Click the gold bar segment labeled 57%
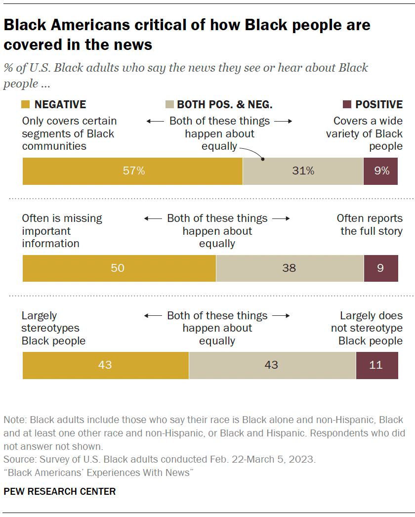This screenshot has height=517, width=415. click(x=132, y=171)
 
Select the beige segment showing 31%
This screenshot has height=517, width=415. click(x=303, y=171)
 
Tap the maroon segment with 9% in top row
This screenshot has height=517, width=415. click(x=380, y=171)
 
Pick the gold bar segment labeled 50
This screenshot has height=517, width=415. click(x=119, y=268)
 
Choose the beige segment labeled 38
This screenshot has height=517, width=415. click(x=290, y=268)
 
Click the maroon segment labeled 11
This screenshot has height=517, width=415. click(x=376, y=365)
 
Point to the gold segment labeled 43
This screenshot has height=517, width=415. click(x=105, y=365)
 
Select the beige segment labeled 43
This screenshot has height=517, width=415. click(x=272, y=365)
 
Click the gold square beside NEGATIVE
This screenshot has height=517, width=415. click(x=26, y=105)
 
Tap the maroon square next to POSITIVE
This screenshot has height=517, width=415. click(x=347, y=105)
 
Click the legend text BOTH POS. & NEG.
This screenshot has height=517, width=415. click(x=224, y=105)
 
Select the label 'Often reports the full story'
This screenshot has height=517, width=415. click(x=370, y=225)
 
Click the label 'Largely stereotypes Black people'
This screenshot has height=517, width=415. click(x=53, y=328)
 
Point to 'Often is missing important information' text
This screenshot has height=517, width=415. click(x=62, y=231)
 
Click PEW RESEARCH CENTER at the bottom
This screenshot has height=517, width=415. click(x=60, y=492)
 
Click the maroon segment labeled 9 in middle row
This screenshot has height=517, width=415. click(x=380, y=268)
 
